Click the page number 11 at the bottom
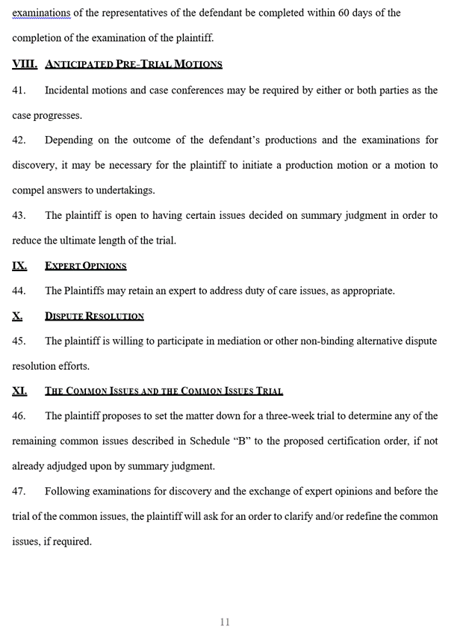click(225, 622)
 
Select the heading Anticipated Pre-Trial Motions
click(134, 64)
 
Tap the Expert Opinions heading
click(85, 266)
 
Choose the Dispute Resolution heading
click(94, 316)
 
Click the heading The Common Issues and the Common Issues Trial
click(164, 391)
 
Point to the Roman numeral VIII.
click(25, 64)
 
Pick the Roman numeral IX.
click(19, 266)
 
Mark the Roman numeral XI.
click(19, 391)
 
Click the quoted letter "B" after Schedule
click(242, 441)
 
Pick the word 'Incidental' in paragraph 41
click(69, 90)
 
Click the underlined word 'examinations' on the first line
click(40, 13)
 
